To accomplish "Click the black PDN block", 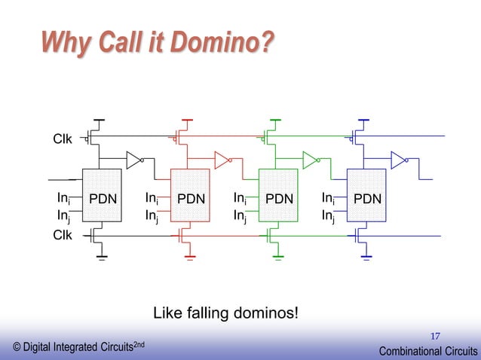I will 102,199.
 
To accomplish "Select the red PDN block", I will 191,199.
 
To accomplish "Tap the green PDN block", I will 278,199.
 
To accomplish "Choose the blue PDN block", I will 366,199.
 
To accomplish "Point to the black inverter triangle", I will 133,160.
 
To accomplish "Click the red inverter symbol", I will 222,160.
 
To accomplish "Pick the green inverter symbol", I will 309,160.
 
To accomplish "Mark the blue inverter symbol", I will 397,160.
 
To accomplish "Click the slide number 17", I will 436,335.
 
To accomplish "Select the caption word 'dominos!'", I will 270,312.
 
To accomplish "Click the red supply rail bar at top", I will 188,119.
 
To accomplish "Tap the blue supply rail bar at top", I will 363,119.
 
